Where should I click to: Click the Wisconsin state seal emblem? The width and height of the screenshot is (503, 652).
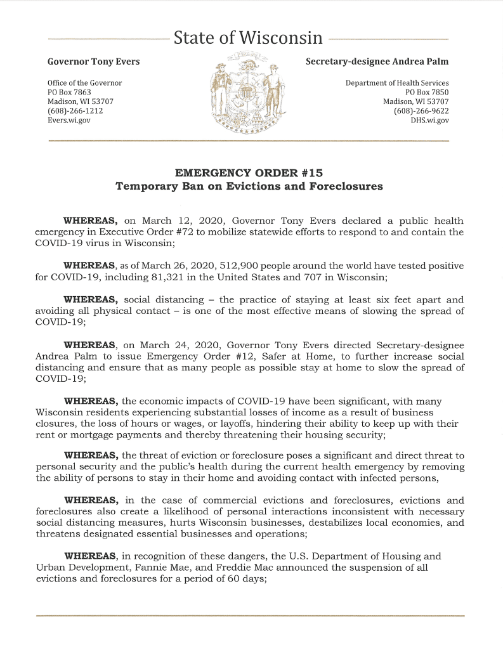[248, 93]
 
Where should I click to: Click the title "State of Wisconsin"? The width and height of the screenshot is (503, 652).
[248, 38]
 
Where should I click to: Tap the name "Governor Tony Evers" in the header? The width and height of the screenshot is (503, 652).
[94, 62]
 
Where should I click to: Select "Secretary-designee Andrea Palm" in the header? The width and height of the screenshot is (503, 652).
[377, 62]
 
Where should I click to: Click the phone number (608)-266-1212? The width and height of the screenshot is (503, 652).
[75, 110]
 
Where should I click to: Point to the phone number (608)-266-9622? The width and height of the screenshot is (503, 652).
[421, 110]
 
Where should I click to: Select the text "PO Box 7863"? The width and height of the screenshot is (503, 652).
[70, 92]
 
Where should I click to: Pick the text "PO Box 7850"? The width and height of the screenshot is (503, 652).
[427, 92]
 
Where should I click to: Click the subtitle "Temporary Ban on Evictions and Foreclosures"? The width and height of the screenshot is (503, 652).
[249, 186]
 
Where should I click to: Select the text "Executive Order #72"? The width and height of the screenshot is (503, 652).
[132, 233]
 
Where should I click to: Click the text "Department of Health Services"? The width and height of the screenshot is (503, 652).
[397, 83]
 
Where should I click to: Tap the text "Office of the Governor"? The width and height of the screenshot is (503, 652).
[85, 83]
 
